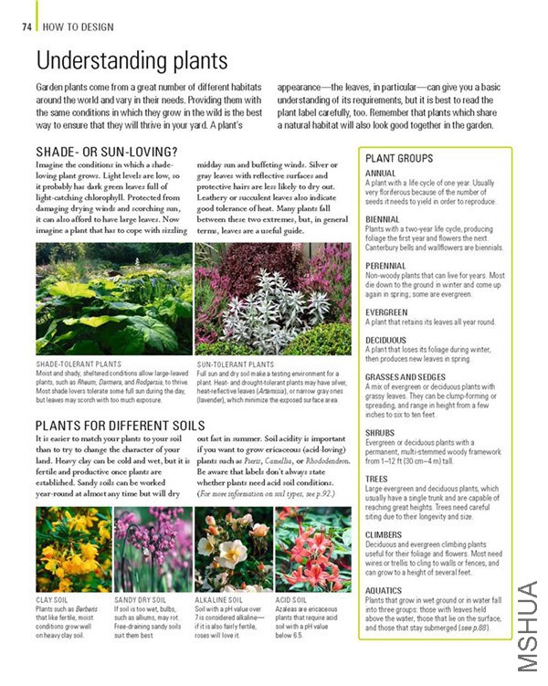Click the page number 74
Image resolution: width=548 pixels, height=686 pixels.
coord(26,26)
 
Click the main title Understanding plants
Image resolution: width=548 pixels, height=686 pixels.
coord(131,61)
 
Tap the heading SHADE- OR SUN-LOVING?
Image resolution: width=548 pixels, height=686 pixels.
coord(106,151)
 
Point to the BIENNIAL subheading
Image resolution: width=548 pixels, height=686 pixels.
coord(381,219)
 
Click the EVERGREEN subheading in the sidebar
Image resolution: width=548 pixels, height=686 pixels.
coord(386,312)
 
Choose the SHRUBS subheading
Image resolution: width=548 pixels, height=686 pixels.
coord(381,432)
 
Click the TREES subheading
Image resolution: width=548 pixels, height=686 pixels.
coord(376,479)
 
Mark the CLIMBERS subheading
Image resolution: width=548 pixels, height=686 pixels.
coord(384,534)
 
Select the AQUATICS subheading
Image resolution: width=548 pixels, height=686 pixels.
coord(384,590)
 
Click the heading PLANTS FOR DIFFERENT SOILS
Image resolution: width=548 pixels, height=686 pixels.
coord(120,425)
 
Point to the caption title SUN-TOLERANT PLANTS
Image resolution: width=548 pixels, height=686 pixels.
coord(235,364)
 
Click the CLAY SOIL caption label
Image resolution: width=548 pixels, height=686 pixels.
coord(52,600)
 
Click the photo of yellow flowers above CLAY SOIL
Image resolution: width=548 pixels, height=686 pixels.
coord(73,549)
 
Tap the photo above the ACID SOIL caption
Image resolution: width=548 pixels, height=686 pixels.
coord(312,549)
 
